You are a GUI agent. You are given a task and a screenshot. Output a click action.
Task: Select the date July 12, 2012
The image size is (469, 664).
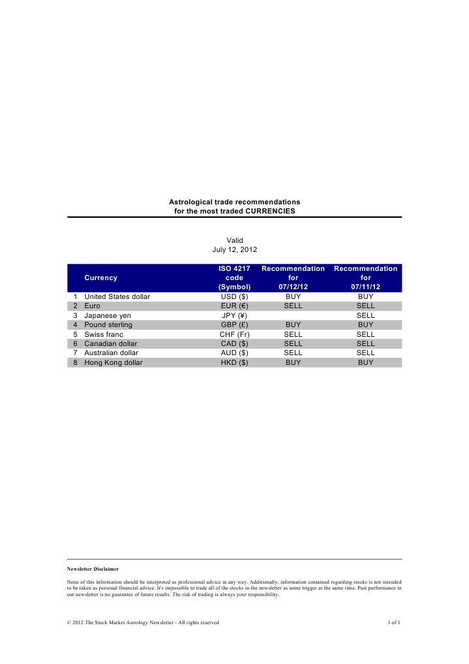[x=234, y=249]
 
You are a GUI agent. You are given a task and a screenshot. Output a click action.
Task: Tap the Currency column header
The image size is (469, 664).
[x=101, y=277]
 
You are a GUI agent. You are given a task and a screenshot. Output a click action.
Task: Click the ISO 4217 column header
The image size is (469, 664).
[x=234, y=268]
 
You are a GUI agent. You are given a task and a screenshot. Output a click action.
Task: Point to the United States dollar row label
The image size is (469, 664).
[x=117, y=296]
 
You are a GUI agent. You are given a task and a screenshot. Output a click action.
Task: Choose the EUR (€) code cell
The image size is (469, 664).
[x=234, y=306]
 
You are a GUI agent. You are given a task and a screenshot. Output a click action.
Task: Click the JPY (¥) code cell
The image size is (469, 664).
[x=234, y=315]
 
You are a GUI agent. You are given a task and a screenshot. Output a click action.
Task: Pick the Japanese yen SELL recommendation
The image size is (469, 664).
[x=365, y=315]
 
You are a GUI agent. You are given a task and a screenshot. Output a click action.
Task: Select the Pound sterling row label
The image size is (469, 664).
[x=108, y=324]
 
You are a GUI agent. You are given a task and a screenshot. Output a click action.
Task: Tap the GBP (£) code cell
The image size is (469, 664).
[x=234, y=324]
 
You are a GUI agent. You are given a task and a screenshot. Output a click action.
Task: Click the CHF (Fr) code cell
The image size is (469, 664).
[x=234, y=334]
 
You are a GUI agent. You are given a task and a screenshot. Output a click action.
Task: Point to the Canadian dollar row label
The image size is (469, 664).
[x=111, y=343]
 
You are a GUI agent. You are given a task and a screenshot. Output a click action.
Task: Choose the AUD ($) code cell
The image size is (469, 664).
[x=234, y=353]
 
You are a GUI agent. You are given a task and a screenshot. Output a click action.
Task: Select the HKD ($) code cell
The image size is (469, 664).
[x=234, y=362]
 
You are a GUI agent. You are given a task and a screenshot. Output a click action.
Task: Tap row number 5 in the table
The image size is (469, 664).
[x=76, y=334]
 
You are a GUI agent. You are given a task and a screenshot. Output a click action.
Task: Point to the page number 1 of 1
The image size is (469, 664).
[x=393, y=622]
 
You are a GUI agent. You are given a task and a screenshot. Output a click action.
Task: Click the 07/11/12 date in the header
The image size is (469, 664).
[x=365, y=287]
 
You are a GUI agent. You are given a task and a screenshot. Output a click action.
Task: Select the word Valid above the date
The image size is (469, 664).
[x=234, y=240]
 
